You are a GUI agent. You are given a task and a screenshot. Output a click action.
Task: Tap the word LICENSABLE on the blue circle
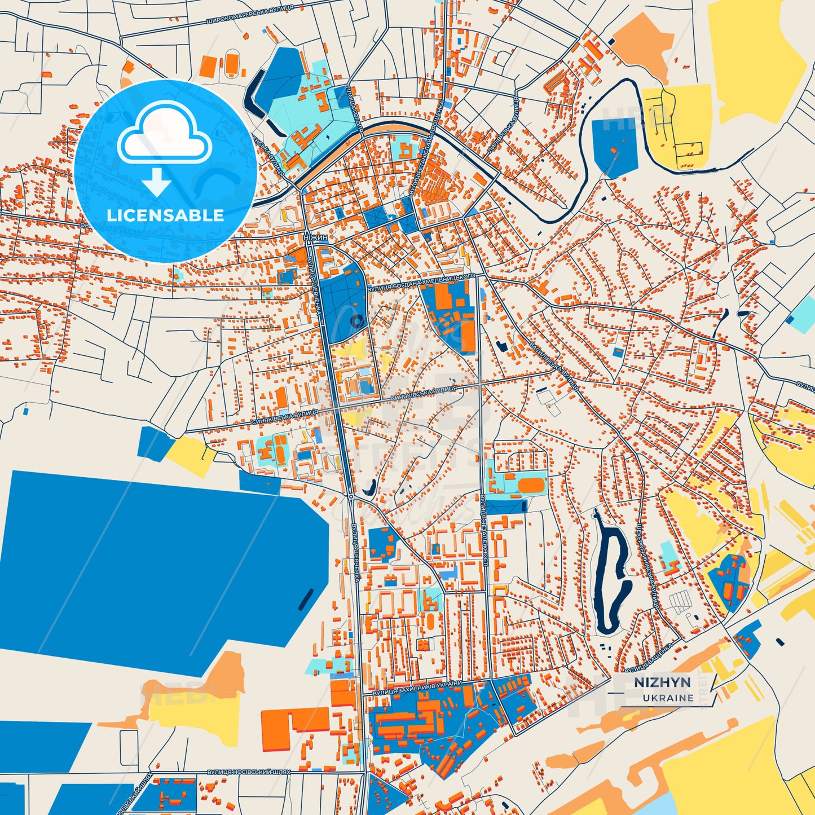click(165, 215)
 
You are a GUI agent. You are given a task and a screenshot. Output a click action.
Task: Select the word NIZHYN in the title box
click(662, 682)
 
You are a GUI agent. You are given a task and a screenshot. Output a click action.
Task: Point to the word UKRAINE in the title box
click(668, 698)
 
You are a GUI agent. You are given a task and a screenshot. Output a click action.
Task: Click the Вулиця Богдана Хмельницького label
click(421, 282)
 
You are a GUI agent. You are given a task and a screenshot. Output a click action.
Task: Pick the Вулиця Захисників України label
click(417, 688)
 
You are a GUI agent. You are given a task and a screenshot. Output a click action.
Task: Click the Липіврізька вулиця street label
click(501, 125)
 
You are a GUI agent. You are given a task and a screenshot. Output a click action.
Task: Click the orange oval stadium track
click(530, 485)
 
